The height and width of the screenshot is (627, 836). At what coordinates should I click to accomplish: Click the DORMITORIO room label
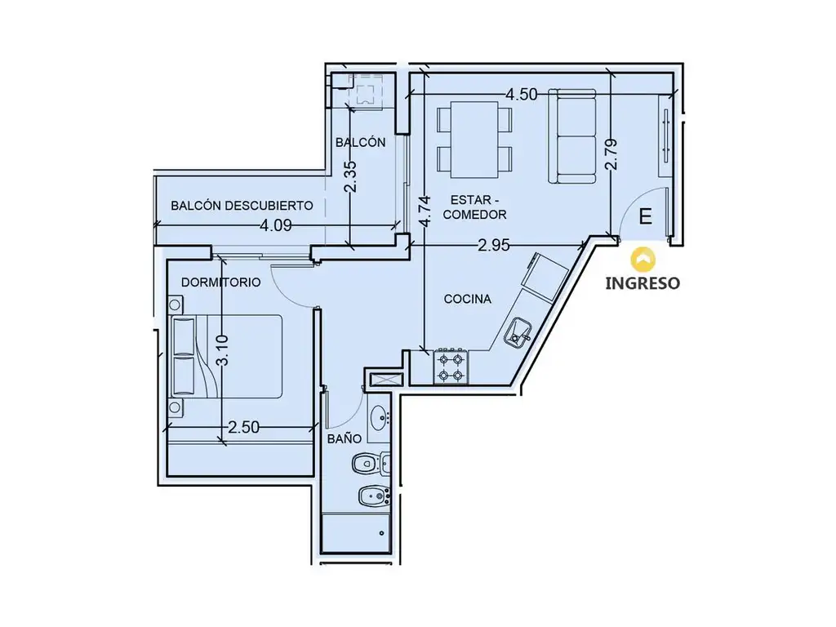(220, 282)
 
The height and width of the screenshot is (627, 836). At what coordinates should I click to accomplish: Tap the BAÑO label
(345, 438)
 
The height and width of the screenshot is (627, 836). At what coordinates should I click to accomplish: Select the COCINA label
(468, 299)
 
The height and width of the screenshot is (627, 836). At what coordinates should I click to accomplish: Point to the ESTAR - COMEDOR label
(474, 207)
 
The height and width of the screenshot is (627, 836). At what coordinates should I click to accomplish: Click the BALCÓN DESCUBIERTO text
(242, 205)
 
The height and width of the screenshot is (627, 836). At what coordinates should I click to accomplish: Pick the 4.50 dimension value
(522, 95)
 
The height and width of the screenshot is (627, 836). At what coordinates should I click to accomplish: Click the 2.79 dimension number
(611, 154)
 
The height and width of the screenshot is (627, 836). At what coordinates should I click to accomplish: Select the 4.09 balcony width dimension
(276, 225)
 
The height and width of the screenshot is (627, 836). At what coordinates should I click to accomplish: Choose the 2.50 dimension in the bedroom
(243, 427)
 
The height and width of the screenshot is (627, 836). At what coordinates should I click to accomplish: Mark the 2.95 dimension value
(494, 245)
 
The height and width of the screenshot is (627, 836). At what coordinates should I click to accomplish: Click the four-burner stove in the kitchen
(451, 367)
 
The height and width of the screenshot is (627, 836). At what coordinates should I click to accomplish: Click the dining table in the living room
(474, 140)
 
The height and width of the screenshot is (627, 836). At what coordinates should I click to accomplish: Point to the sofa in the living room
(572, 136)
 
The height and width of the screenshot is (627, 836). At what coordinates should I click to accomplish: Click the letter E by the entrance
(645, 217)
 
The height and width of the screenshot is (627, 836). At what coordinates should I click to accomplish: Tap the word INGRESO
(643, 283)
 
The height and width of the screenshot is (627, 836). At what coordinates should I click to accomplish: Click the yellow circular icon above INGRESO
(643, 259)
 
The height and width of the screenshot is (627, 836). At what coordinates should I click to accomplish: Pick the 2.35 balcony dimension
(350, 177)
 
